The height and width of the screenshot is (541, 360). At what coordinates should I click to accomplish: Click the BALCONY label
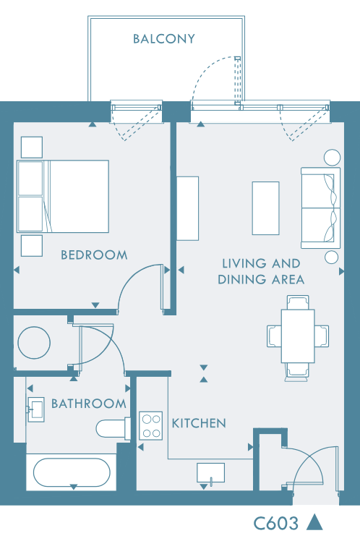click(164, 38)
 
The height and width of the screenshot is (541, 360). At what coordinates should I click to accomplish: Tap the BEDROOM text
click(94, 255)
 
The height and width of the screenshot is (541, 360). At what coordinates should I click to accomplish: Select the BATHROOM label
click(89, 404)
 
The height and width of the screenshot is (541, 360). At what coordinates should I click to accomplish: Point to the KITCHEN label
click(199, 423)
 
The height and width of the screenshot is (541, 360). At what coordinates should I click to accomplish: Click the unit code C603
click(276, 524)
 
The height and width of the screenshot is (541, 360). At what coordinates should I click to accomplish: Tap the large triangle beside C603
click(314, 522)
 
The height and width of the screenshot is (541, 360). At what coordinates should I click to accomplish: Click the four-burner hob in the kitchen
click(151, 426)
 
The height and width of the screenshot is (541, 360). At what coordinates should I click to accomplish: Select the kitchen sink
click(210, 473)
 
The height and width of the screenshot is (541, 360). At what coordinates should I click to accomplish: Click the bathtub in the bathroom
click(72, 472)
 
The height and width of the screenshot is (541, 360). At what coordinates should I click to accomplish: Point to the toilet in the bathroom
click(113, 428)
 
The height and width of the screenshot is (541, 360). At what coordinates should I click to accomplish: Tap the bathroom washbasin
click(36, 409)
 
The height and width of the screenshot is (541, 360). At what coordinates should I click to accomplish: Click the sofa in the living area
click(321, 208)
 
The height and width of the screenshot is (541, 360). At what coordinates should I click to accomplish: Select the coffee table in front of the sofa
click(265, 208)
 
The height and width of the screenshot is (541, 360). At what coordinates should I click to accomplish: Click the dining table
click(298, 336)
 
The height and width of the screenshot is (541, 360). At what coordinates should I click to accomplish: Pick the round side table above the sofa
click(332, 158)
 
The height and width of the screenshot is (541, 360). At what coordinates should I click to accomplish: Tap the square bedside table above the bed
click(32, 148)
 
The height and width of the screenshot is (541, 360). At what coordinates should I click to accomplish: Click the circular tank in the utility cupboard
click(34, 343)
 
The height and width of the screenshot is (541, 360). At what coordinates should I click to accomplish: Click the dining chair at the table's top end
click(298, 302)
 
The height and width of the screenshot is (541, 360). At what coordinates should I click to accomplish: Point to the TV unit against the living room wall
click(187, 208)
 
